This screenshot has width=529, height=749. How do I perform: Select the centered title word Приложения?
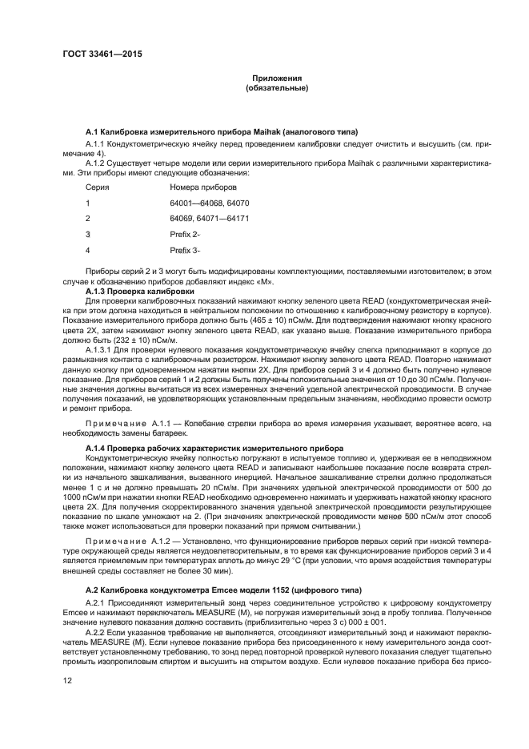[276, 79]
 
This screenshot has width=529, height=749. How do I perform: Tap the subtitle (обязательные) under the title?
[276, 88]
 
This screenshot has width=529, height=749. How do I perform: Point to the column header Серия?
[98, 187]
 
